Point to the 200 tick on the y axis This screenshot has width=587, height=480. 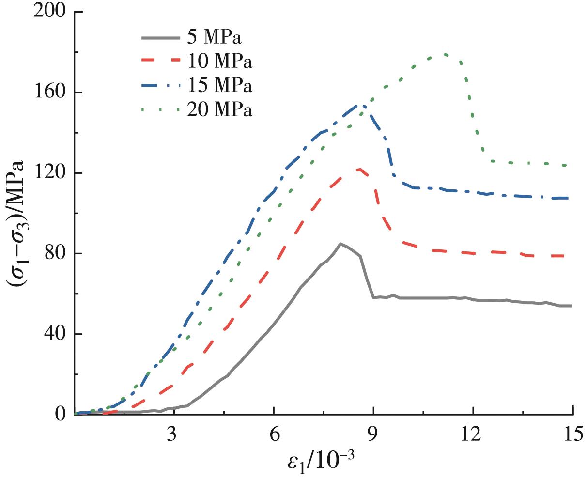click(x=49, y=11)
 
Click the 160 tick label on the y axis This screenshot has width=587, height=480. click(x=49, y=92)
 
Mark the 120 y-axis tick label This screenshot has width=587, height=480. click(x=49, y=173)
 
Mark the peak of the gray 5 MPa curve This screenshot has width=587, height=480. click(x=340, y=244)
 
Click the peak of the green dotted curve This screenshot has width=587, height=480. click(x=445, y=54)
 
